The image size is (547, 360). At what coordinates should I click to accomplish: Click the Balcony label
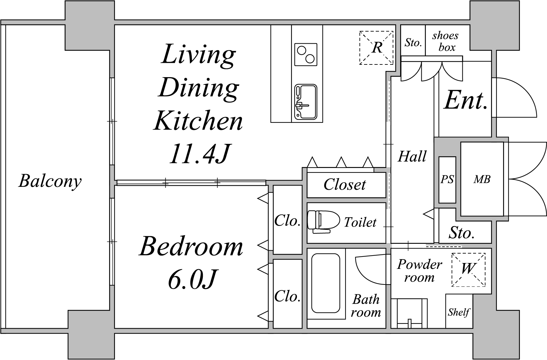(x=50, y=181)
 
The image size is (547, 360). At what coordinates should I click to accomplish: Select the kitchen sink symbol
(x=305, y=102)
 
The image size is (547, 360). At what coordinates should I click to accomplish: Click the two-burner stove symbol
(x=306, y=54)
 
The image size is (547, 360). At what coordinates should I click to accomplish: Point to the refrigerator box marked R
(x=376, y=48)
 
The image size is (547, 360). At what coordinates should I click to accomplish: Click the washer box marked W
(x=468, y=270)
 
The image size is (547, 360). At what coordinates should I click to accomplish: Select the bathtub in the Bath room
(x=326, y=283)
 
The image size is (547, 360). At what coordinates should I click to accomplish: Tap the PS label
(x=447, y=180)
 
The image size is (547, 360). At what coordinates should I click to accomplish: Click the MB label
(x=482, y=180)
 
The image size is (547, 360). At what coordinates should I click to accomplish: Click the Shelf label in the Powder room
(x=458, y=312)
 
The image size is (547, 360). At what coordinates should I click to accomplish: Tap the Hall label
(x=412, y=157)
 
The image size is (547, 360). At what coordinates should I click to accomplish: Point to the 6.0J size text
(x=192, y=279)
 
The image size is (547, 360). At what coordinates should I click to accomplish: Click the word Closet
(x=345, y=184)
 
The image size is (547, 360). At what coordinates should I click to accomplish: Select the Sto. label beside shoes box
(x=413, y=43)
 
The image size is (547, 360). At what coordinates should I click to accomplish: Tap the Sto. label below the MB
(x=462, y=233)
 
